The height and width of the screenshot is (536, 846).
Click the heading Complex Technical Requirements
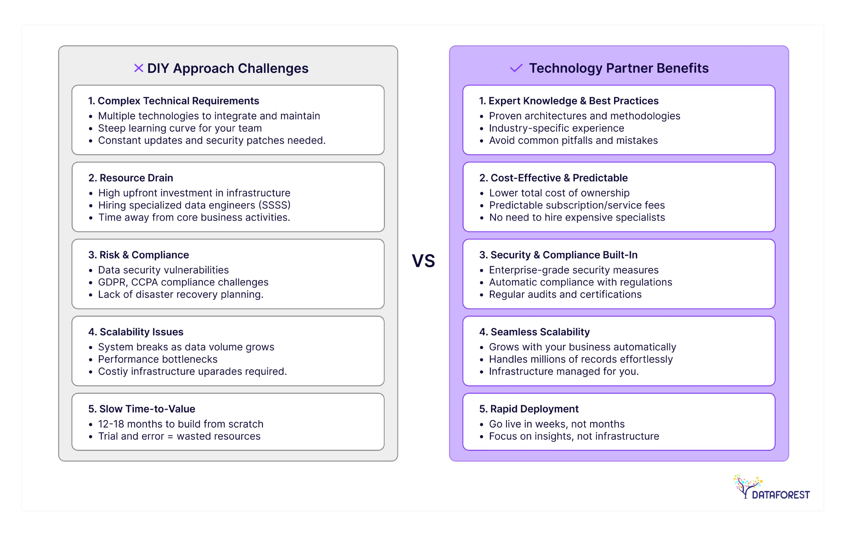(174, 101)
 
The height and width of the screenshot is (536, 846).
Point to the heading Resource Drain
(131, 178)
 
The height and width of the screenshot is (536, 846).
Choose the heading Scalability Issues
(136, 332)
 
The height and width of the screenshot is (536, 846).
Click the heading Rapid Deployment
(529, 409)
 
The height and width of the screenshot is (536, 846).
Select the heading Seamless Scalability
(534, 332)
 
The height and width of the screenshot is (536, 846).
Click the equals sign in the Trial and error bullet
(170, 436)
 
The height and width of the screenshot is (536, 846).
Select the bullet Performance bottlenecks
(158, 359)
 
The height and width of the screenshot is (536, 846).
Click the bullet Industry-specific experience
(557, 128)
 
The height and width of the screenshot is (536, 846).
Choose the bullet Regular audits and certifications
(565, 295)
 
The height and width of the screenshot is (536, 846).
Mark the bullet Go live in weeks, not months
(557, 424)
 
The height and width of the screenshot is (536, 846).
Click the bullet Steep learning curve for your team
(180, 128)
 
